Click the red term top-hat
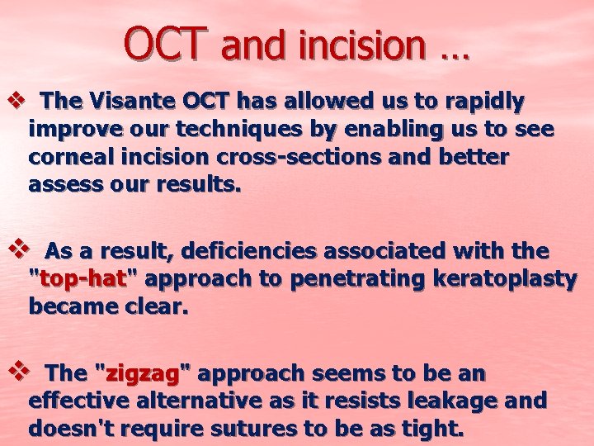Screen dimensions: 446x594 [81, 279]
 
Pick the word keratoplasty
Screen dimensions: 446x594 [511, 279]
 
